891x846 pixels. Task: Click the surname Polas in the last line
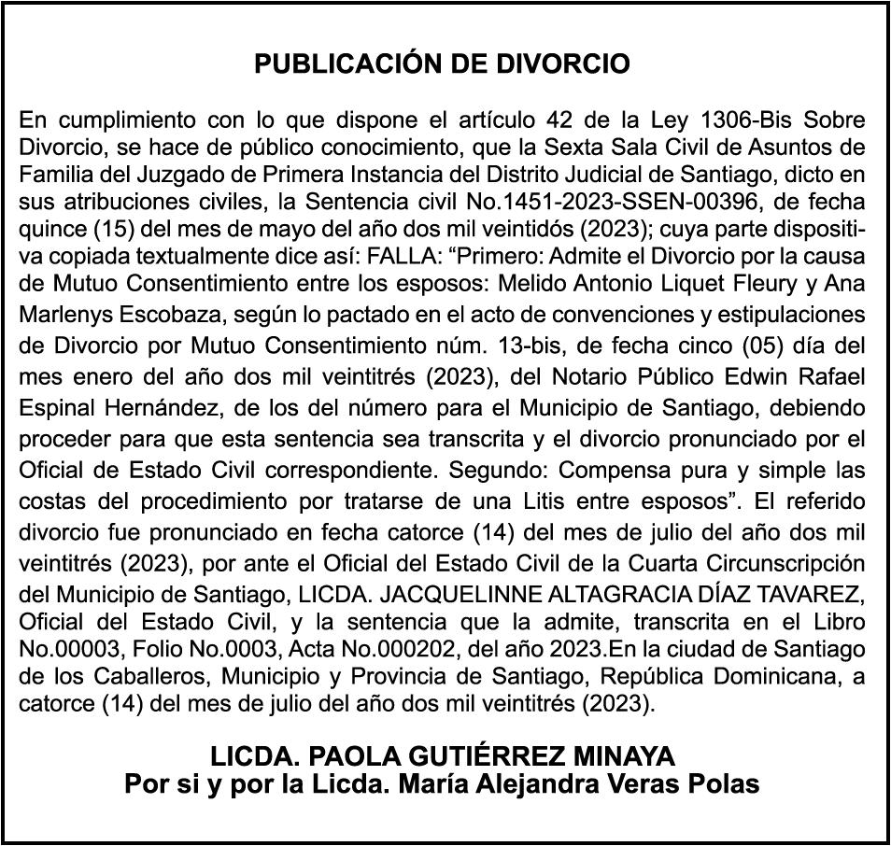720,783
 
